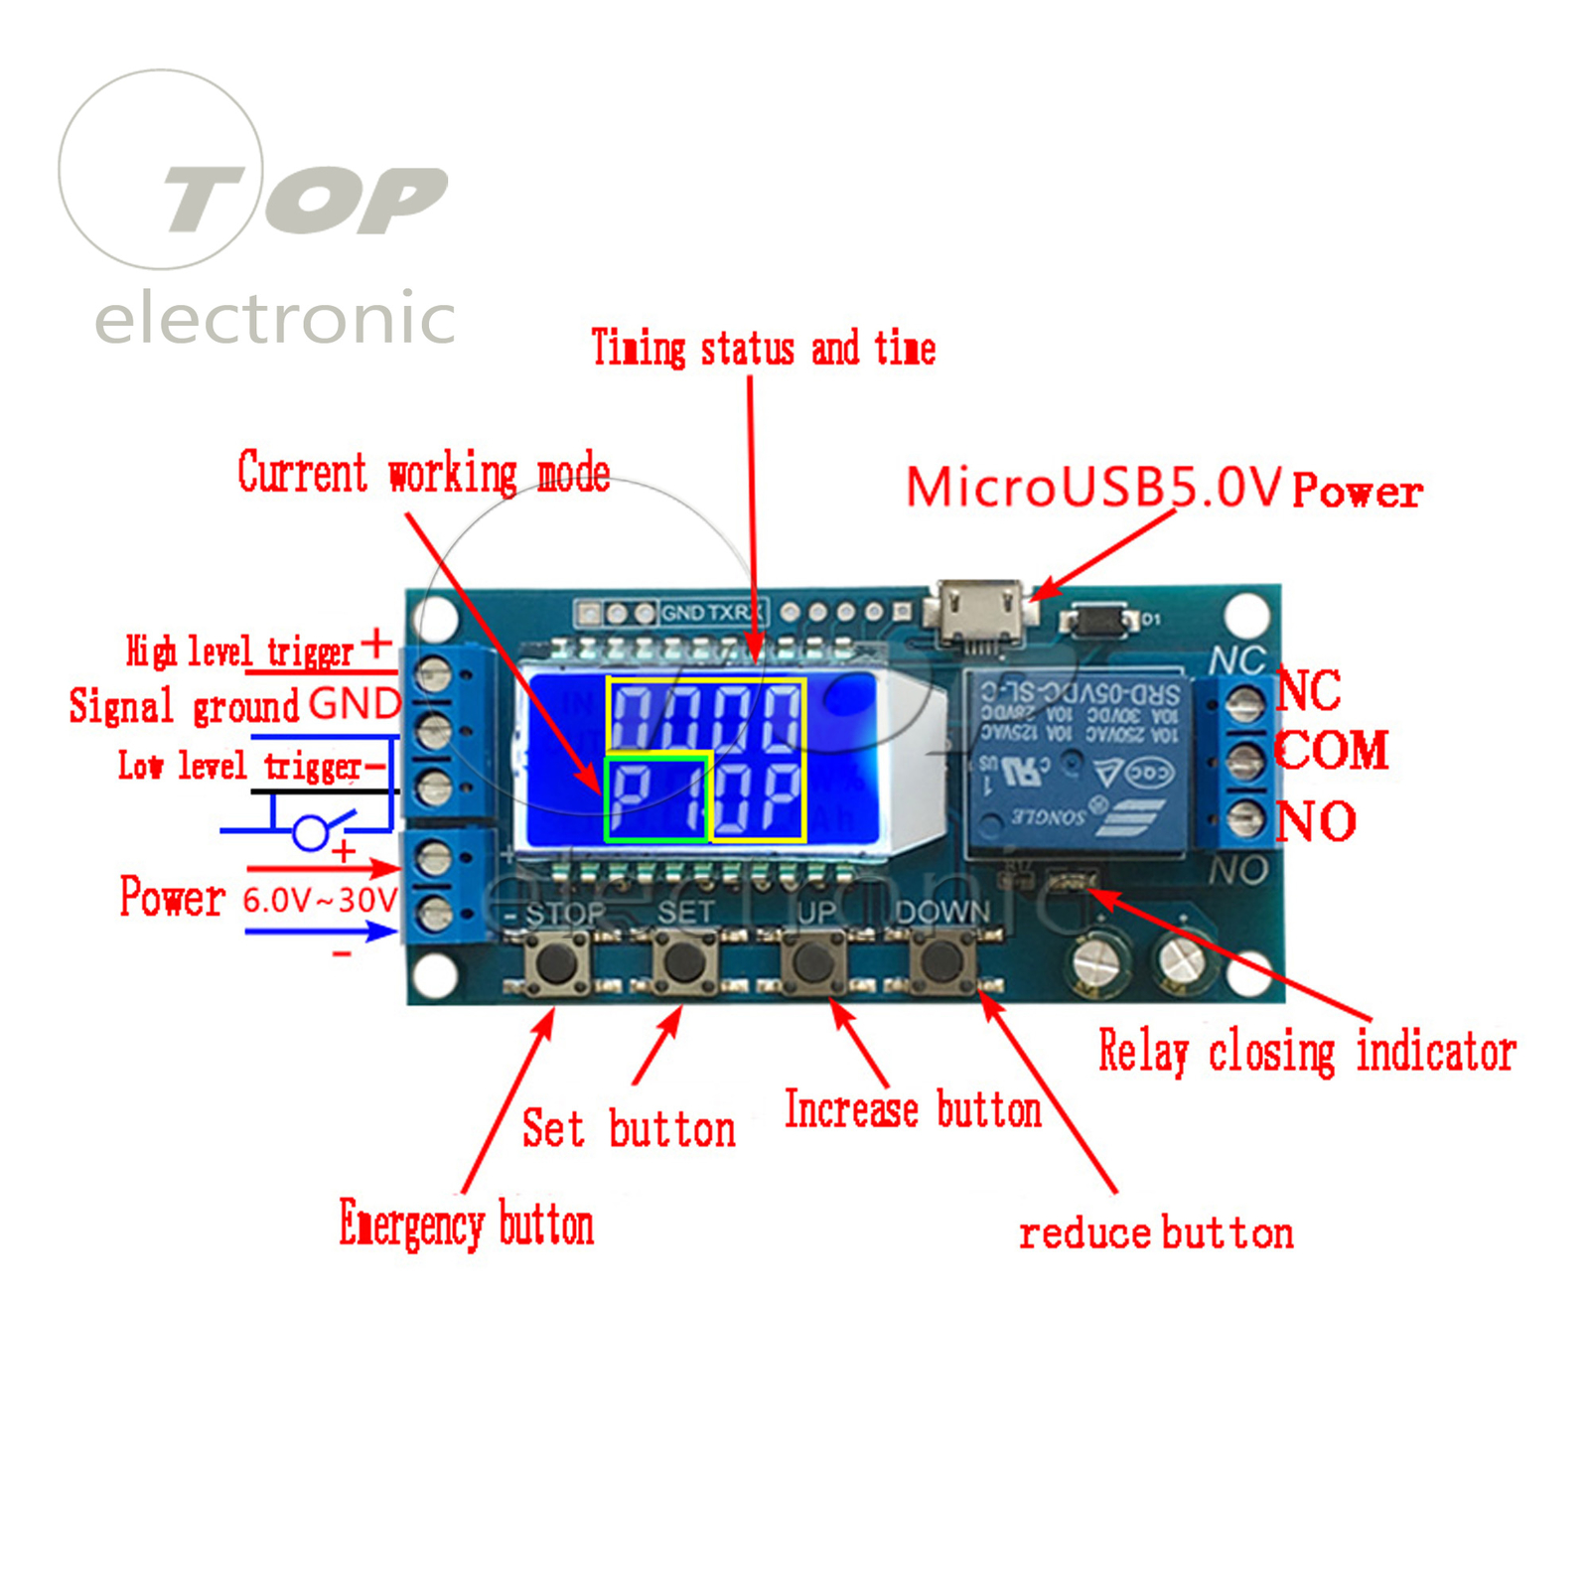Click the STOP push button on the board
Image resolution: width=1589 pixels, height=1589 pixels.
pos(556,961)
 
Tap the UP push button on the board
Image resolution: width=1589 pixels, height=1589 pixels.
pos(814,961)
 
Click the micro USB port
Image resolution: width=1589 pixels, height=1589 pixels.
pos(977,610)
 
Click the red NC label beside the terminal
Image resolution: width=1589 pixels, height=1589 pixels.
pos(1309,690)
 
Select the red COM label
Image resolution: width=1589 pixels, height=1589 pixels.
pos(1331,751)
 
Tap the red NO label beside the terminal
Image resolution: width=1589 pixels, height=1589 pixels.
pos(1316,821)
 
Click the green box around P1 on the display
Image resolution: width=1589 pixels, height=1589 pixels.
pos(656,797)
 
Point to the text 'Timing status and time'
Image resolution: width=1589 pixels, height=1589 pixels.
pos(763,349)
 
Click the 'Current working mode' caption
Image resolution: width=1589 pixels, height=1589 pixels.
pos(424,473)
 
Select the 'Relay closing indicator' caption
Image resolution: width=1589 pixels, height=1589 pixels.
pos(1307,1051)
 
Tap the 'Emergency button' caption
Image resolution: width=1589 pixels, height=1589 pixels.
pos(467,1224)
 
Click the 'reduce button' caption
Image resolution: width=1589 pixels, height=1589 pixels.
pos(1156,1233)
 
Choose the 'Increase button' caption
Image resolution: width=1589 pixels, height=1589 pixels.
pos(913,1109)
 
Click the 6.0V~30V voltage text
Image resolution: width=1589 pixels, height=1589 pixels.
pos(320,900)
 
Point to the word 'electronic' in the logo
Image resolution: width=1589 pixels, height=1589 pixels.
pos(275,319)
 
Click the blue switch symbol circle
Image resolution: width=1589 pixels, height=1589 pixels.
pos(311,832)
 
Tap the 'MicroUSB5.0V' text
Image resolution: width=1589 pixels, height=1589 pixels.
pos(1093,488)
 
